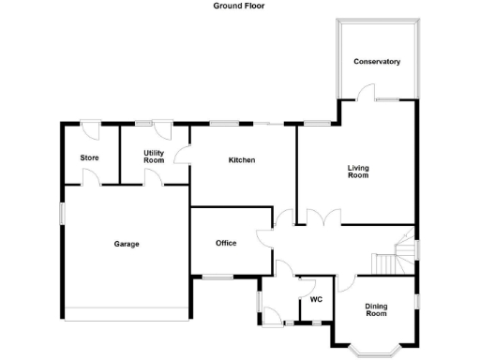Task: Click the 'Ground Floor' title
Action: (x=240, y=5)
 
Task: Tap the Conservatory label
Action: (x=377, y=62)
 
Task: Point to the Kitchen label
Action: (x=242, y=160)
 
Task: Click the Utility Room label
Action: (x=154, y=157)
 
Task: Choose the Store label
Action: (x=90, y=157)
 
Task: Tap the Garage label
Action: (x=127, y=244)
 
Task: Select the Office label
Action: (x=226, y=243)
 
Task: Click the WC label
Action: (x=316, y=300)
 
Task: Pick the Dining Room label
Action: (x=376, y=309)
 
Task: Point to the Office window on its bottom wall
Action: (x=218, y=276)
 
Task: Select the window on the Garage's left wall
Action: (x=62, y=214)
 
